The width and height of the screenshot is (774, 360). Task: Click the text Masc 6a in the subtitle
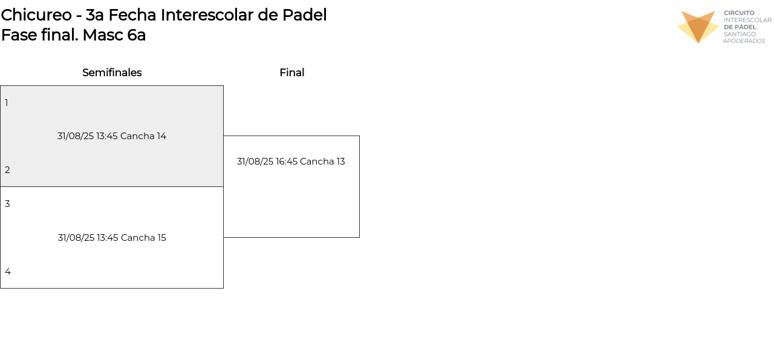pos(114,35)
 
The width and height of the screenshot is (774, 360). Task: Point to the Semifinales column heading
pos(112,73)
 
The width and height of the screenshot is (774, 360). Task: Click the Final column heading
pos(291,73)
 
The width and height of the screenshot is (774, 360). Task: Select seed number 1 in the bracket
pos(7,103)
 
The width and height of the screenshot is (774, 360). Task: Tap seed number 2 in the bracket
pos(7,170)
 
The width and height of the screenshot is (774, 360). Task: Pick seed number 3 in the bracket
pos(7,204)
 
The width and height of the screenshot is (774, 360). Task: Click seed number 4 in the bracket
pos(7,272)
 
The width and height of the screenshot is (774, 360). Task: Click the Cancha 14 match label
pos(143,136)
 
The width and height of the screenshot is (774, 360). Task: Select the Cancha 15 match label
pos(143,238)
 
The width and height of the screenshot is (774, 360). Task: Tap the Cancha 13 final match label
pos(322,162)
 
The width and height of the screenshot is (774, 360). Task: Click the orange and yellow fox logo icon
pos(698,27)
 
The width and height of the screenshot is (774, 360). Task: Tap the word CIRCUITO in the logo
pos(739,13)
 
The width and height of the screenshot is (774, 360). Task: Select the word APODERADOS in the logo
pos(744,41)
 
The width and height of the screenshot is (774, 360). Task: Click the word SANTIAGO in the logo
pos(740,34)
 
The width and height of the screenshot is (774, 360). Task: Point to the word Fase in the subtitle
pos(19,35)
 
